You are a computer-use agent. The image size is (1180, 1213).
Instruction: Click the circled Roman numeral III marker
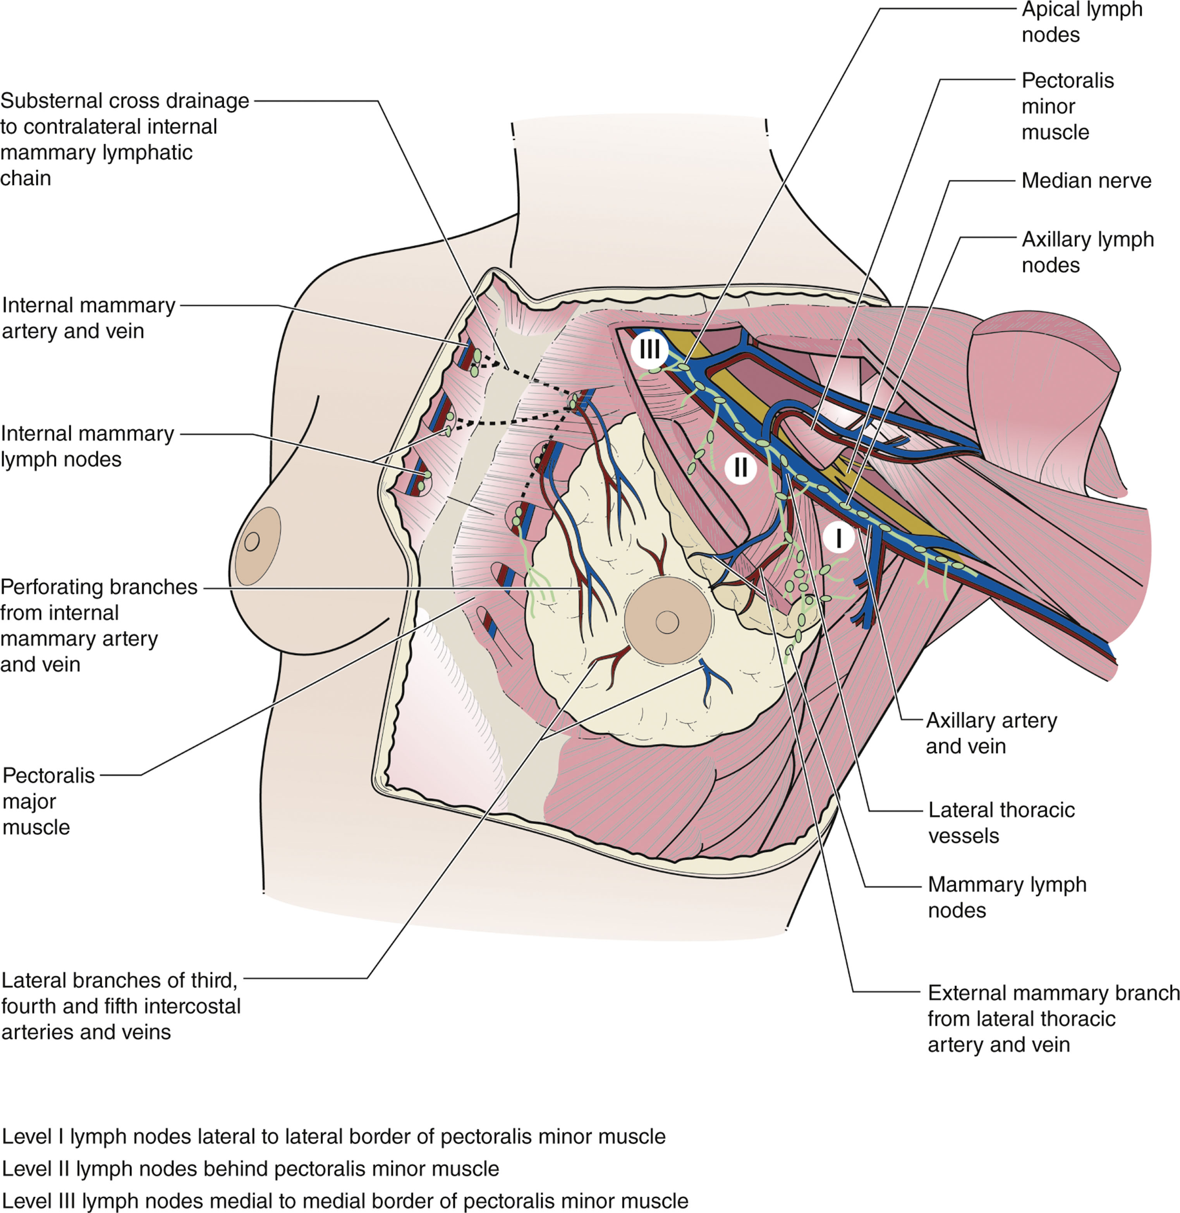[649, 350]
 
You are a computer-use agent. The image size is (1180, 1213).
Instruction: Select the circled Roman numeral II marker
[740, 467]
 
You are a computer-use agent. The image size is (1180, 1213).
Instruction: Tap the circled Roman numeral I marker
[838, 538]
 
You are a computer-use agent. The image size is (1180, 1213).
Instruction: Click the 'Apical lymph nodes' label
[1082, 22]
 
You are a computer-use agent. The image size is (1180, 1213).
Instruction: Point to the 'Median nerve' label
[1086, 180]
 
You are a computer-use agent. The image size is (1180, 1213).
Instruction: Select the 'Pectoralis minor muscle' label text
[1067, 106]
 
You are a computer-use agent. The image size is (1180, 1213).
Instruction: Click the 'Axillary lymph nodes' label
[1087, 252]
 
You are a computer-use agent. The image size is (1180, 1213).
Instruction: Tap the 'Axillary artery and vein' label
[991, 733]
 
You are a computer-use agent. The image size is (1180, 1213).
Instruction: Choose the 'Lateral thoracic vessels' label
[1001, 823]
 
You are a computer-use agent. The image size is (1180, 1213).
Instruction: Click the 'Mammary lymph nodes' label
[1007, 897]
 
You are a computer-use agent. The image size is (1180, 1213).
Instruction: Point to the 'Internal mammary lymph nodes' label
[88, 446]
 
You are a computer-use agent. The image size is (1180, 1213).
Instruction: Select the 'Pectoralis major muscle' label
[48, 801]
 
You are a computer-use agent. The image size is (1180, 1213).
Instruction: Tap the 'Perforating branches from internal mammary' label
[98, 625]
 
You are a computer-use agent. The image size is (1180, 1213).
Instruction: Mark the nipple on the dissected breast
[667, 622]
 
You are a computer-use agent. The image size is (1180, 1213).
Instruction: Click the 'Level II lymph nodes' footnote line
[251, 1168]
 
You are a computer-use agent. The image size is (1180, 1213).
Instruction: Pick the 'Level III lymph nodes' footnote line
[345, 1201]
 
